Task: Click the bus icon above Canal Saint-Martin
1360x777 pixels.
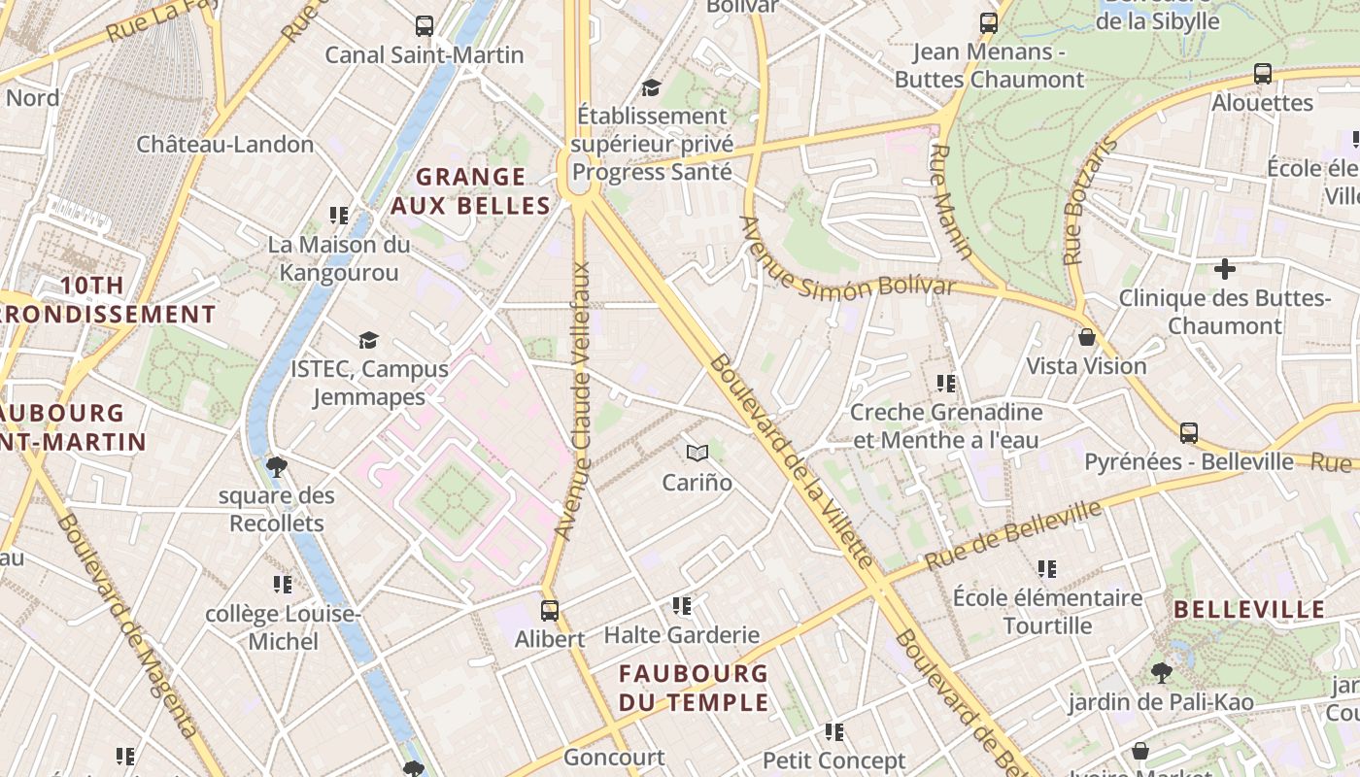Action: [425, 26]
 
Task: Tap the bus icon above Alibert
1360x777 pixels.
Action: [550, 611]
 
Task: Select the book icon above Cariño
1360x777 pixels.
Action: [697, 453]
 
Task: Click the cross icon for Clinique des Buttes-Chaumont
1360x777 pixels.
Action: [1225, 268]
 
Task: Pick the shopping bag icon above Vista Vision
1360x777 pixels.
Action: [1087, 337]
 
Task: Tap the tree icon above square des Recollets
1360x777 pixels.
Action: [276, 467]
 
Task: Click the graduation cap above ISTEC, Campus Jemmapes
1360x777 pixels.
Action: [368, 340]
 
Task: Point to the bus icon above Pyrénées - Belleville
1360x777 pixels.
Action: [1189, 433]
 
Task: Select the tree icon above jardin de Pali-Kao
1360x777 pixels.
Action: [1161, 672]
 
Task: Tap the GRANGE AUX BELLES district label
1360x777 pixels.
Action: [471, 191]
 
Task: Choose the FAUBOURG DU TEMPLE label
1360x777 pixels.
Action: [694, 688]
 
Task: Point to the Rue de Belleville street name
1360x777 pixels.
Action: [1012, 536]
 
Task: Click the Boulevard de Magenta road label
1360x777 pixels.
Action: [127, 626]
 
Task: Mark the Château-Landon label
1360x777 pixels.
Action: [224, 145]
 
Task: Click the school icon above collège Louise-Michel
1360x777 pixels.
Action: [283, 585]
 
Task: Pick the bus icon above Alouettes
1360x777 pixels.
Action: [1263, 74]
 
